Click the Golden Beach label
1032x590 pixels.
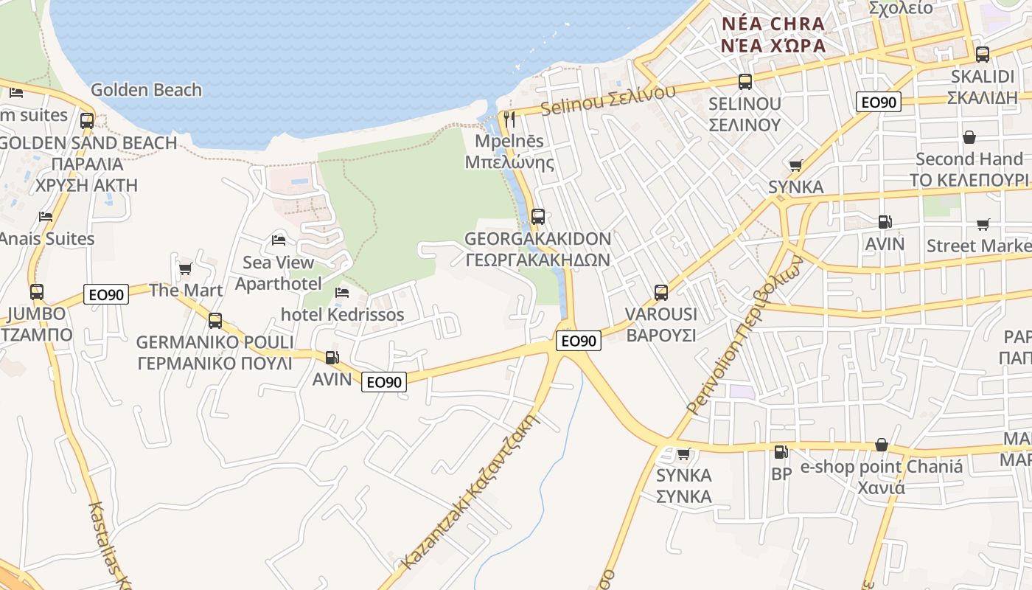click(146, 90)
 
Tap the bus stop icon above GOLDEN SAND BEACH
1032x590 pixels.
click(87, 120)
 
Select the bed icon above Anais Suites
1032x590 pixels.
click(46, 217)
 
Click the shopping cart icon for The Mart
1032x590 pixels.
click(185, 268)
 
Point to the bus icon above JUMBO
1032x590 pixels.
click(37, 291)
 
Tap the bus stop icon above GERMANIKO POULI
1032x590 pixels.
click(215, 320)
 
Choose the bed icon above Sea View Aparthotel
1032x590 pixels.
click(279, 240)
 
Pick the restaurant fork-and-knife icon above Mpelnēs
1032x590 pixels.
click(509, 118)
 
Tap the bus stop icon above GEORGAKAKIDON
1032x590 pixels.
click(538, 217)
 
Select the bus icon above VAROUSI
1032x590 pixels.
click(661, 292)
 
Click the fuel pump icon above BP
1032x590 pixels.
click(781, 451)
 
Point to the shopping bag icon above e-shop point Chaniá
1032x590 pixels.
click(881, 445)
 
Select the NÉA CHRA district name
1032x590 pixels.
click(773, 24)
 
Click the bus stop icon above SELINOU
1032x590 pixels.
click(745, 81)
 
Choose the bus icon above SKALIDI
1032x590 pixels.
click(983, 54)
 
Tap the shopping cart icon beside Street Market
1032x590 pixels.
click(983, 224)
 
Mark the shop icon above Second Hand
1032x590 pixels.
click(969, 138)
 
